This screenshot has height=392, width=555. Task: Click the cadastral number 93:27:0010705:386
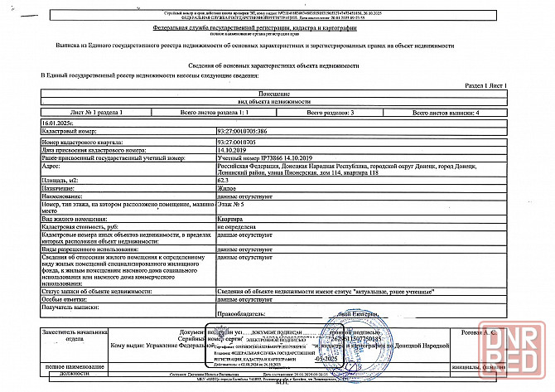click(246, 131)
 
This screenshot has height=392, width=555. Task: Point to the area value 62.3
click(223, 179)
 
